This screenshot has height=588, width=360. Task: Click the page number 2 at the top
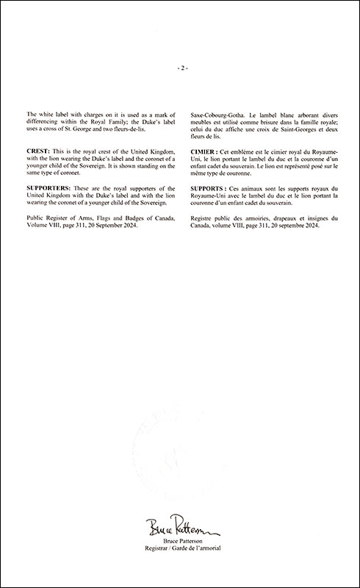click(182, 68)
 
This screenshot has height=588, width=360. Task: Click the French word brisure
click(264, 123)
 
